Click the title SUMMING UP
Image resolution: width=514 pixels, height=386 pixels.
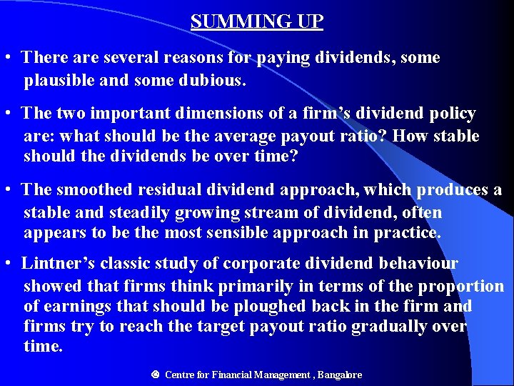pyautogui.click(x=257, y=21)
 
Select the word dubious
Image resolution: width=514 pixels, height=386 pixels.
pyautogui.click(x=214, y=81)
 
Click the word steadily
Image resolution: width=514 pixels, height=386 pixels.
pyautogui.click(x=136, y=212)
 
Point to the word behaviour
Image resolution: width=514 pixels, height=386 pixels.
pyautogui.click(x=415, y=263)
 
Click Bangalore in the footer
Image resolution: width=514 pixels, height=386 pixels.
pyautogui.click(x=340, y=375)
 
